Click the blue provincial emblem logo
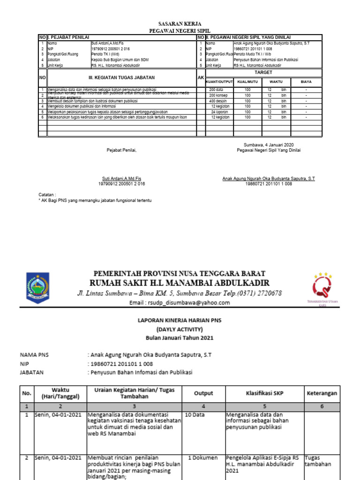[36, 287]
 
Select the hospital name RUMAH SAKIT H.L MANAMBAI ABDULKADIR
[180, 283]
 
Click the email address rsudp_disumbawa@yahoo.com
[180, 303]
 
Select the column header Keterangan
[322, 393]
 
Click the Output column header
[203, 393]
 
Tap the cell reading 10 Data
[195, 415]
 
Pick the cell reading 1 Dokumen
[202, 457]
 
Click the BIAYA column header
[306, 82]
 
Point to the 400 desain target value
[218, 100]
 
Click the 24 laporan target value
[219, 112]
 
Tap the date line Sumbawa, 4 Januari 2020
[269, 144]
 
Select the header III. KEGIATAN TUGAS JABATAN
[121, 78]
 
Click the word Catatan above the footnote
[47, 194]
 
